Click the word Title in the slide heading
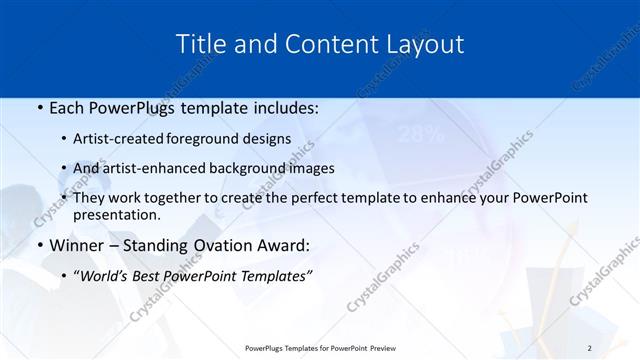[x=199, y=44]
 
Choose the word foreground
[x=217, y=139]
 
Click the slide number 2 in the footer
[x=589, y=347]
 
